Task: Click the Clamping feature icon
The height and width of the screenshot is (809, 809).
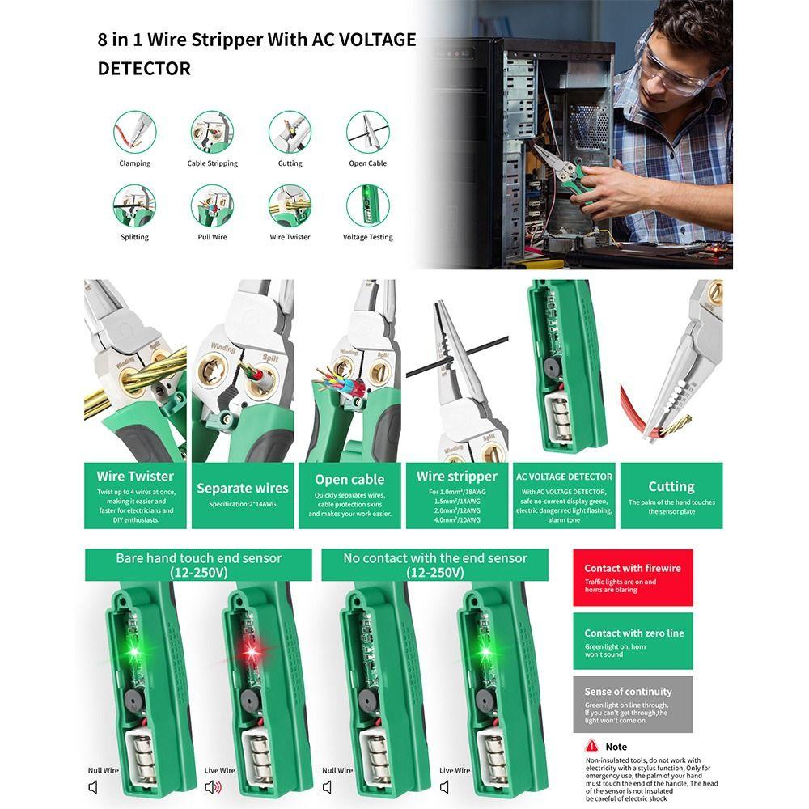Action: (x=134, y=131)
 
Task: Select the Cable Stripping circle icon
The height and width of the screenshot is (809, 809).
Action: (x=212, y=131)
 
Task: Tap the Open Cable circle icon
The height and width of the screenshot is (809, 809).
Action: (x=367, y=131)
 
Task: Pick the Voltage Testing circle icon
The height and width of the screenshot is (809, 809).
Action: (x=367, y=205)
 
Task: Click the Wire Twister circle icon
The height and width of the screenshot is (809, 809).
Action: (x=290, y=205)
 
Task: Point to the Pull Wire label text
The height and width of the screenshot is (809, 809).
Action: (x=212, y=237)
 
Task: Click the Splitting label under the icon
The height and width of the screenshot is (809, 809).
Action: (x=134, y=237)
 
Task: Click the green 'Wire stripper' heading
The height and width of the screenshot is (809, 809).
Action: (x=456, y=477)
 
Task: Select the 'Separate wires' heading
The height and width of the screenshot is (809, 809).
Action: (x=243, y=488)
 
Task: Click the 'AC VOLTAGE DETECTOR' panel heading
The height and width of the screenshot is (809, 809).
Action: (x=565, y=477)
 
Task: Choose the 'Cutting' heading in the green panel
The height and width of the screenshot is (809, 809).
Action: (x=671, y=486)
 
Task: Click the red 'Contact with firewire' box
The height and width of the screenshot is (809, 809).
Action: (x=633, y=578)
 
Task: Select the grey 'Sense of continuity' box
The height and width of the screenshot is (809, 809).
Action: (x=633, y=705)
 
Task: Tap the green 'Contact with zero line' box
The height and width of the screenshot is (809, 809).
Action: (x=633, y=641)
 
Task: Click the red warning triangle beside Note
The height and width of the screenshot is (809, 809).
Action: (x=592, y=746)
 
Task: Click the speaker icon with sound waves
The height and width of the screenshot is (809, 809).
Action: (x=213, y=787)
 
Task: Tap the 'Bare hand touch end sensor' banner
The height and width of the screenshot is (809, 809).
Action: (x=198, y=565)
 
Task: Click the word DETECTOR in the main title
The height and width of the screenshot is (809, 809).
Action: (x=144, y=69)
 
